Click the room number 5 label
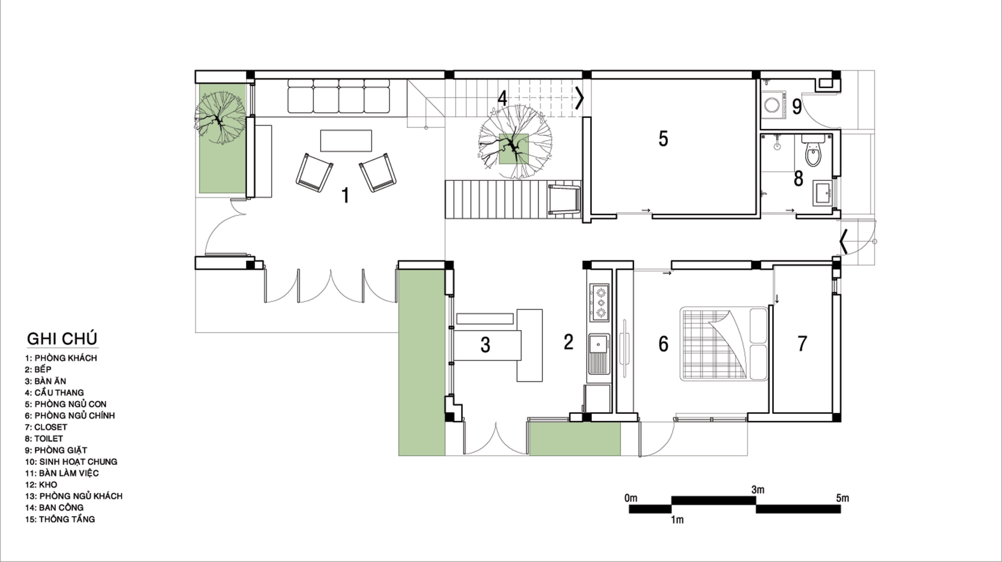(x=663, y=139)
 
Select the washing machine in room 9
(x=773, y=104)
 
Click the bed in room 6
(x=724, y=344)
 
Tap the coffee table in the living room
(x=346, y=140)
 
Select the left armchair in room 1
(x=314, y=173)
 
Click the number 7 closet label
(x=802, y=343)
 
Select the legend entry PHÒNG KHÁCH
(x=66, y=358)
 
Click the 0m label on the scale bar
(x=631, y=498)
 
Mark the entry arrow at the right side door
(x=843, y=242)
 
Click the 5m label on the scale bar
(x=843, y=498)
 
